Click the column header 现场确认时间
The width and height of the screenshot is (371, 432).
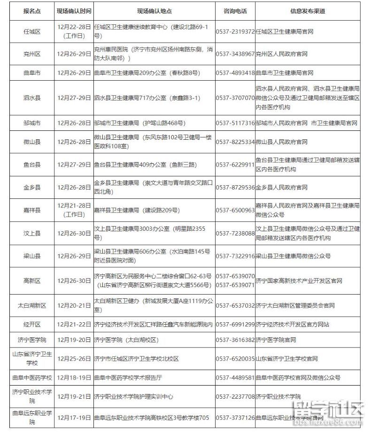click(x=74, y=11)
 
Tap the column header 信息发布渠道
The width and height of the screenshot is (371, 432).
click(x=308, y=11)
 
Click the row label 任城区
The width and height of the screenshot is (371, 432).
click(x=32, y=32)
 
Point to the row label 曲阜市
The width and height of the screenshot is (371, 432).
click(x=32, y=73)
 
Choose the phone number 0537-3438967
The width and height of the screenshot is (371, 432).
click(x=235, y=54)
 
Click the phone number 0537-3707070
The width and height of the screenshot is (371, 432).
click(x=235, y=98)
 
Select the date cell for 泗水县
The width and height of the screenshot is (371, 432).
click(x=74, y=98)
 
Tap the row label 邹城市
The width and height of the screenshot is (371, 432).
click(x=32, y=123)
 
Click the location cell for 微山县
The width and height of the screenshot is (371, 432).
click(x=154, y=142)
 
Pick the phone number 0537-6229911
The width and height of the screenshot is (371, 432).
click(x=235, y=165)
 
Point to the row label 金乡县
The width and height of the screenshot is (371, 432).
click(x=32, y=187)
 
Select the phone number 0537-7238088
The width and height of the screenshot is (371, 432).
click(x=235, y=233)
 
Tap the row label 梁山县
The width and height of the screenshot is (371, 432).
click(x=32, y=256)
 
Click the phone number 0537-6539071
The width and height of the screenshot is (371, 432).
click(x=235, y=285)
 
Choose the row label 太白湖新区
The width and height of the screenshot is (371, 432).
click(x=32, y=305)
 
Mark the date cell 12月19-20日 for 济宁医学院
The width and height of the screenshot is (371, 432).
click(x=74, y=340)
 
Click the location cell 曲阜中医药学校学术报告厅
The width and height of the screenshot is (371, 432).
click(x=128, y=378)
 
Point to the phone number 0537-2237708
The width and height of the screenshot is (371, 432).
click(x=235, y=396)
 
